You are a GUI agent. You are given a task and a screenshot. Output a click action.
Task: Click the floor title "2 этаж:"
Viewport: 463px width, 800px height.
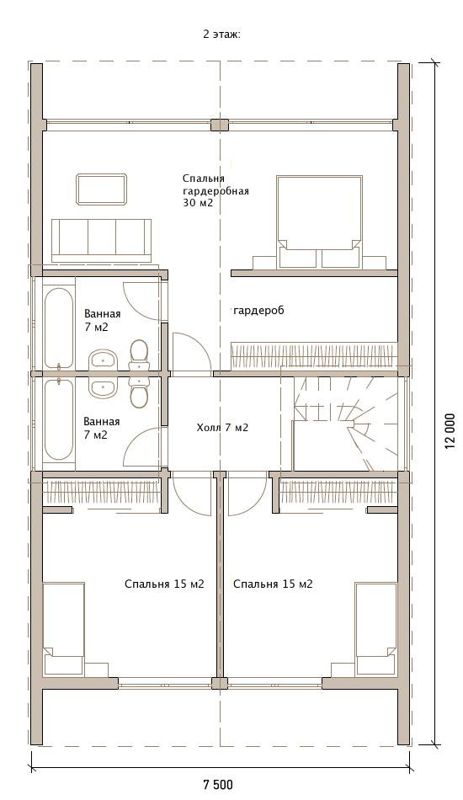point(221,35)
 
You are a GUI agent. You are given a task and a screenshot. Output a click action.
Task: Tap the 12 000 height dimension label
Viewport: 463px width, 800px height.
point(450,430)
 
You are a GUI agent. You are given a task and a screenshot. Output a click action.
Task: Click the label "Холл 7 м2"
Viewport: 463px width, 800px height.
point(222,428)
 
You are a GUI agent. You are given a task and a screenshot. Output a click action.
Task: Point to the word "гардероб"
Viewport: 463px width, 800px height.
point(258,310)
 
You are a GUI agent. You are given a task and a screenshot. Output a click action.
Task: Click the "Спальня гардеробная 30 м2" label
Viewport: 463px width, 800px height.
point(216,190)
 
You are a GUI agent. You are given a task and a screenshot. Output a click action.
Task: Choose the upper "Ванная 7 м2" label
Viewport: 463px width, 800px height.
point(103,320)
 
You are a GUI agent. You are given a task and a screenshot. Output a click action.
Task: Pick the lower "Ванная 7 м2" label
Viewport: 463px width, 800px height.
point(102,428)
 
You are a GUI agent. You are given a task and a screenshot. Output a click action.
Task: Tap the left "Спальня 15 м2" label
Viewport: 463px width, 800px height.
point(164,584)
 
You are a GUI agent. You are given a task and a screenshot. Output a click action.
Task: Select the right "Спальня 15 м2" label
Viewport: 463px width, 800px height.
point(273,584)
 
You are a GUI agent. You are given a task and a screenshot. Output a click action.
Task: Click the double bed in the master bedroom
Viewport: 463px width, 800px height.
point(320,222)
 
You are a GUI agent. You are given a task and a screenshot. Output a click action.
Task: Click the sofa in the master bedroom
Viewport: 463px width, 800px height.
point(102,241)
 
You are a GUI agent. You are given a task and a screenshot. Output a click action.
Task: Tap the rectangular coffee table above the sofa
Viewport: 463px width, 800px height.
point(102,189)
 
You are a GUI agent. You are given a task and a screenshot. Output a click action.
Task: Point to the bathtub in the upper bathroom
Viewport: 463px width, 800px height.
point(59,327)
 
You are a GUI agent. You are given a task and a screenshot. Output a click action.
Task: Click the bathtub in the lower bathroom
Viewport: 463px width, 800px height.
point(59,421)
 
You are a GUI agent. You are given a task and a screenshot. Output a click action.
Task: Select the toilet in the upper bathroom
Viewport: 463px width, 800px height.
point(139,355)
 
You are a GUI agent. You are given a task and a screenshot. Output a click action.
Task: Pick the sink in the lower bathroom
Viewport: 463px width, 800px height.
point(104,387)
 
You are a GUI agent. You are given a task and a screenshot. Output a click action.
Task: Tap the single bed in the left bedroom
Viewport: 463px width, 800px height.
point(64,629)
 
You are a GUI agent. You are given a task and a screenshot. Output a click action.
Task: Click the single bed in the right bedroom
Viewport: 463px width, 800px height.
point(375,629)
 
